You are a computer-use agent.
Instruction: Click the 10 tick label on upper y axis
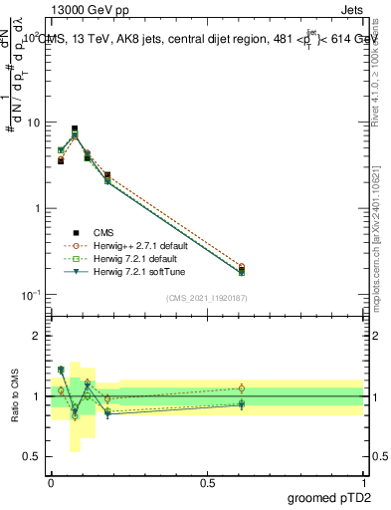tap(32, 123)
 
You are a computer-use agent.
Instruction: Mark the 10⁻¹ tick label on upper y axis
tap(30, 294)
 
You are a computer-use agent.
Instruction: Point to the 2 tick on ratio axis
tap(38, 336)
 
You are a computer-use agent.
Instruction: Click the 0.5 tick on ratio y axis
tap(32, 457)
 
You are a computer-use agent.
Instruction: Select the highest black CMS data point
tap(75, 128)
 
